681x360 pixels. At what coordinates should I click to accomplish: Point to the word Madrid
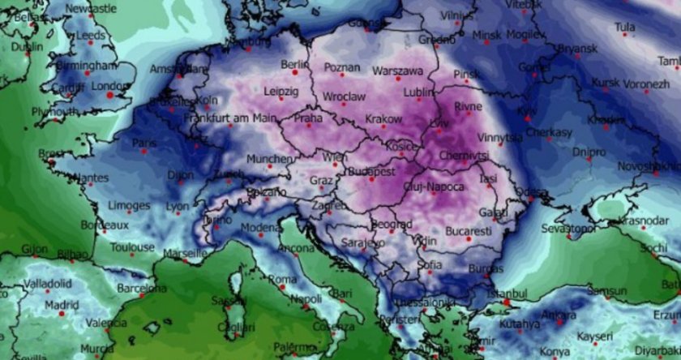click(x=62, y=305)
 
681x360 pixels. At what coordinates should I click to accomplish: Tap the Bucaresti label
click(x=467, y=231)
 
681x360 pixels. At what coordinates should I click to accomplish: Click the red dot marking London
click(x=110, y=95)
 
